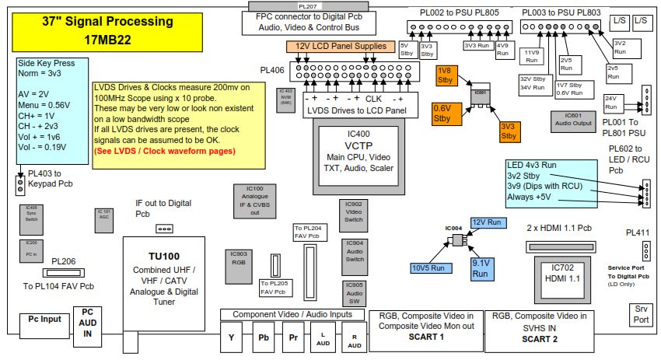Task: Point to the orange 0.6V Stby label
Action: click(x=443, y=114)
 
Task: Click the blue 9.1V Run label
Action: click(x=481, y=268)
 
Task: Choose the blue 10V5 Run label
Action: click(x=428, y=267)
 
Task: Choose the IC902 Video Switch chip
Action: click(x=353, y=213)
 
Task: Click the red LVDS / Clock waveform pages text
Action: click(x=165, y=151)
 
